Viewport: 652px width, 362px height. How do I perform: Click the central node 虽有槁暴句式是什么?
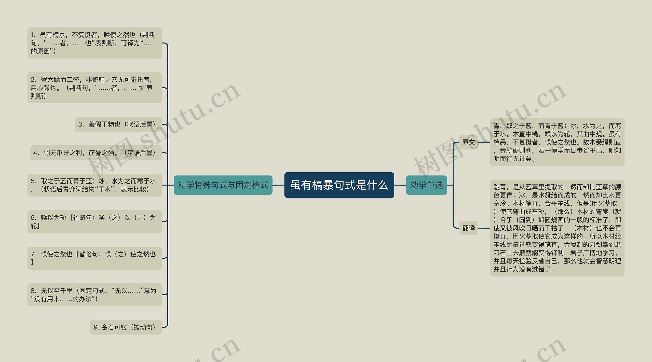pos(339,185)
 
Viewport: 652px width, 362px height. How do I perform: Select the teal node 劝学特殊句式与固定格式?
pos(223,185)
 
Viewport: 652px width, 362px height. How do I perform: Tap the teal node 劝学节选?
pos(426,185)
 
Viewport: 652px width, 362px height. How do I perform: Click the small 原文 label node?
pos(468,142)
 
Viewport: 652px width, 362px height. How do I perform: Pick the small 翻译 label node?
pos(468,228)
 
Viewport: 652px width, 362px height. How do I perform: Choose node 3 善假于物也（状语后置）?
pos(118,124)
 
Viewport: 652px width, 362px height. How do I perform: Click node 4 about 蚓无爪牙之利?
pos(96,153)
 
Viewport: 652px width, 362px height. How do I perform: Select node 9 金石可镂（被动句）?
pos(126,327)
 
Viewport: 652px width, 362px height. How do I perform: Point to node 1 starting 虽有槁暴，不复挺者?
pos(94,43)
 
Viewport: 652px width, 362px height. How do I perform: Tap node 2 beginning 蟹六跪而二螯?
pos(94,88)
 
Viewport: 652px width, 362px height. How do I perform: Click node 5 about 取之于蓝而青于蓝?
pos(94,185)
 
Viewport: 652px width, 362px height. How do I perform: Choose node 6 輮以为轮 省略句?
pos(94,221)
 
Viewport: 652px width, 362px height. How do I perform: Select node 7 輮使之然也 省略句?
pos(94,258)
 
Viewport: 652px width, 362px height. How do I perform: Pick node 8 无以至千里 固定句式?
pos(94,295)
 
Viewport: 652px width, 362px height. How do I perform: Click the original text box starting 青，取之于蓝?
pos(557,142)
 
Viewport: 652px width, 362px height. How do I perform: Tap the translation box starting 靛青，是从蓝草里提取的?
pos(557,228)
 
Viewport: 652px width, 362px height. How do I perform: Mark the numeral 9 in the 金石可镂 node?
pos(96,327)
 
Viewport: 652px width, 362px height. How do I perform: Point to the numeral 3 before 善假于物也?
pos(80,124)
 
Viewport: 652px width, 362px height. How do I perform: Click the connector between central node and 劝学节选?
pos(400,185)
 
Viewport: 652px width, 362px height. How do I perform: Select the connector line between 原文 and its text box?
pos(484,142)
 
